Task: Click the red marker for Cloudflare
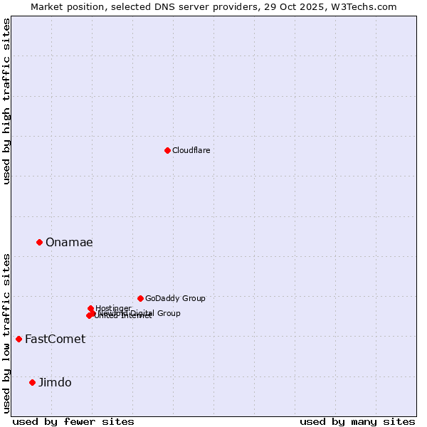click(x=167, y=150)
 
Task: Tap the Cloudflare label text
click(x=191, y=150)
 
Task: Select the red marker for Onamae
click(x=39, y=242)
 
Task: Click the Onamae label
click(x=69, y=243)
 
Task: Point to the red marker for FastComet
click(x=19, y=339)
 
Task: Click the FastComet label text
click(x=55, y=339)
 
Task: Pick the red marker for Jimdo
click(x=32, y=382)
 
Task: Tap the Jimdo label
click(x=55, y=383)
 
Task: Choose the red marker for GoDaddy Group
click(x=140, y=298)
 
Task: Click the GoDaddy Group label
click(x=175, y=299)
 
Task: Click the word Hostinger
click(x=114, y=308)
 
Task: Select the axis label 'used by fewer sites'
click(x=73, y=421)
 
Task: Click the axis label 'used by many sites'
click(x=357, y=421)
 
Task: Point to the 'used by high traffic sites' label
click(x=7, y=101)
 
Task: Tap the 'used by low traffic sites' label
click(x=7, y=332)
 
